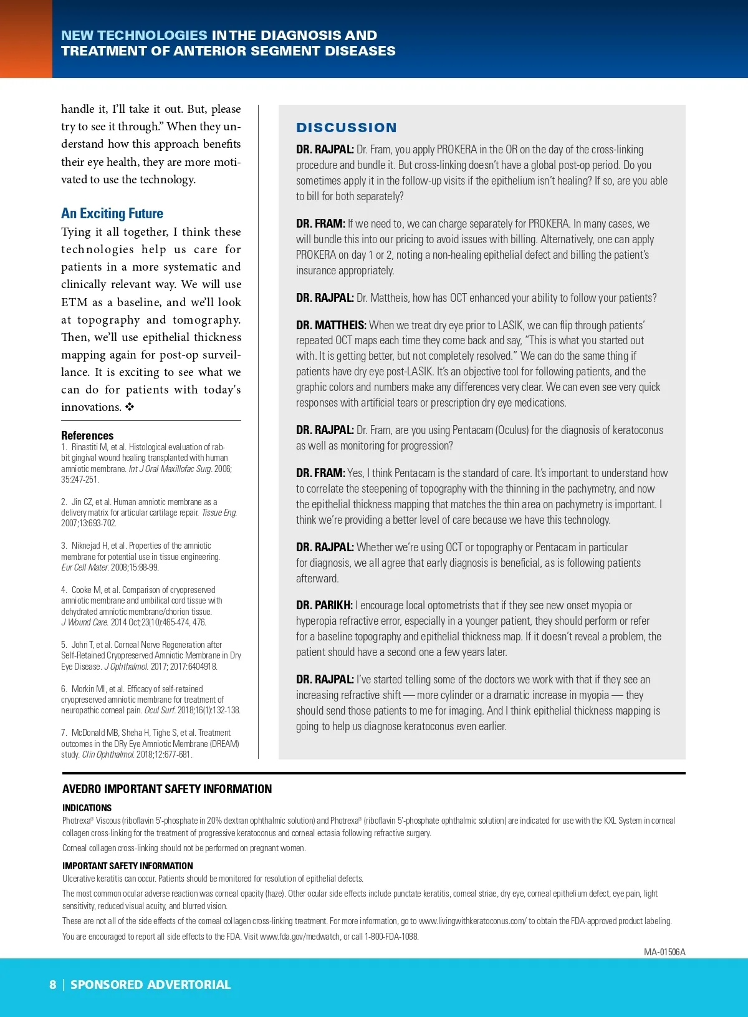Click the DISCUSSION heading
pyautogui.click(x=346, y=128)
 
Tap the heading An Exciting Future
pyautogui.click(x=112, y=213)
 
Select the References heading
pyautogui.click(x=87, y=435)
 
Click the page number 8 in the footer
pyautogui.click(x=53, y=985)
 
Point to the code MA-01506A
pyautogui.click(x=664, y=952)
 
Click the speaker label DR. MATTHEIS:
pyautogui.click(x=331, y=325)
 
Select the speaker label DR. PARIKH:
pyautogui.click(x=324, y=605)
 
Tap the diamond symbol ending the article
pyautogui.click(x=130, y=407)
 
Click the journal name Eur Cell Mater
pyautogui.click(x=85, y=567)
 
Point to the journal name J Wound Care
pyautogui.click(x=85, y=622)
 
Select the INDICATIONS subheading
pyautogui.click(x=87, y=807)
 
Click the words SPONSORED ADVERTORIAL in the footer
pyautogui.click(x=150, y=985)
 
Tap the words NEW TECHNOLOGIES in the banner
pyautogui.click(x=134, y=36)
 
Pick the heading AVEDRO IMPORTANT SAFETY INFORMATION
pyautogui.click(x=167, y=789)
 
